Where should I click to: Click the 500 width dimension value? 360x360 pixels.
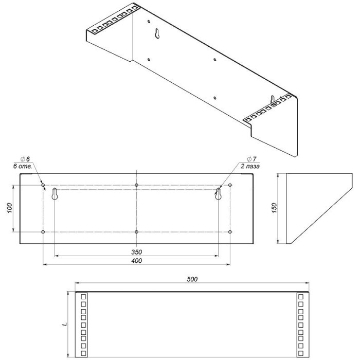(192, 279)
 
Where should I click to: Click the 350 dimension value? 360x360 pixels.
(137, 252)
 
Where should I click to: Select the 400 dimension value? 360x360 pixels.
(137, 261)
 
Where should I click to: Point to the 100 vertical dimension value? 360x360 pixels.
(9, 208)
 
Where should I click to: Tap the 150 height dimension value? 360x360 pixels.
(274, 208)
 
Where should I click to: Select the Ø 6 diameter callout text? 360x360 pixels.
(25, 159)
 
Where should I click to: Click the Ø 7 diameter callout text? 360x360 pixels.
(251, 159)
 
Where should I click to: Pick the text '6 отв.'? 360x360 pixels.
(22, 167)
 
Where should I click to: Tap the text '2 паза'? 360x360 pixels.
(250, 167)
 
